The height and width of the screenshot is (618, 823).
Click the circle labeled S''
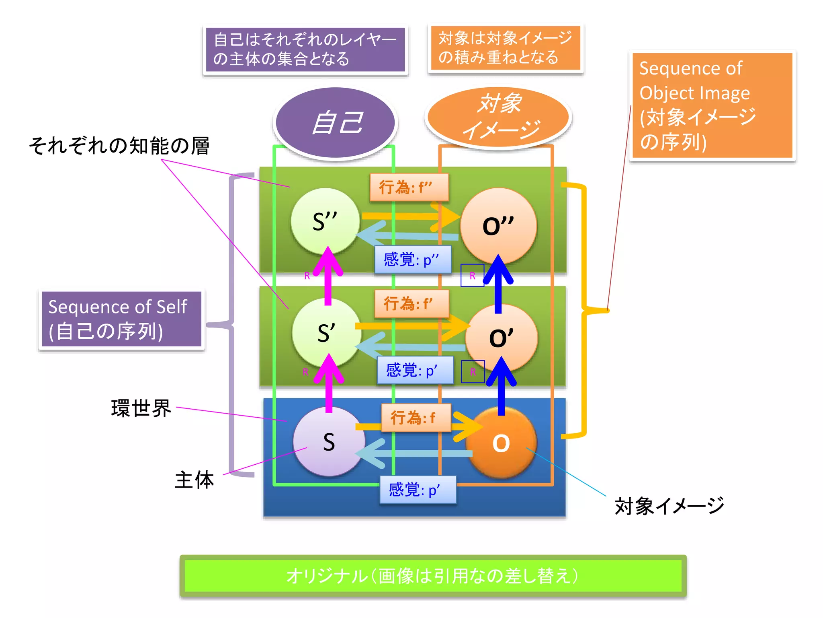pos(325,221)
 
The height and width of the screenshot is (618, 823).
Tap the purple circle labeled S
pos(329,442)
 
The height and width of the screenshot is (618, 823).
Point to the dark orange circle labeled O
pos(501,443)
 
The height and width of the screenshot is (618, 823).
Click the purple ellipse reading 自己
pos(336,123)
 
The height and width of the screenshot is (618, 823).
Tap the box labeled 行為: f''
pos(409,187)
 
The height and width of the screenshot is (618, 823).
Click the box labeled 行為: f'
pos(411,304)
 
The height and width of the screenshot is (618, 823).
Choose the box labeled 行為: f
pos(416,418)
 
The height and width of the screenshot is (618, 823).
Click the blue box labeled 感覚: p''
pos(413,260)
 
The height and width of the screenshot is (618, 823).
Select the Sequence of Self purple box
pos(121,319)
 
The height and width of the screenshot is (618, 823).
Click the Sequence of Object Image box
pos(712,105)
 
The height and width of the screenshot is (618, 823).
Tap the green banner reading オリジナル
pos(433,576)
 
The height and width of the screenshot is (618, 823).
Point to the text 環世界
pos(141,408)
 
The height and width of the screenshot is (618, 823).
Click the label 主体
pos(194,480)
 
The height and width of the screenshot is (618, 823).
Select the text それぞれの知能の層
pos(119,146)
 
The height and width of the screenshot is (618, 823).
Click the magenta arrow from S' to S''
pos(328,278)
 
